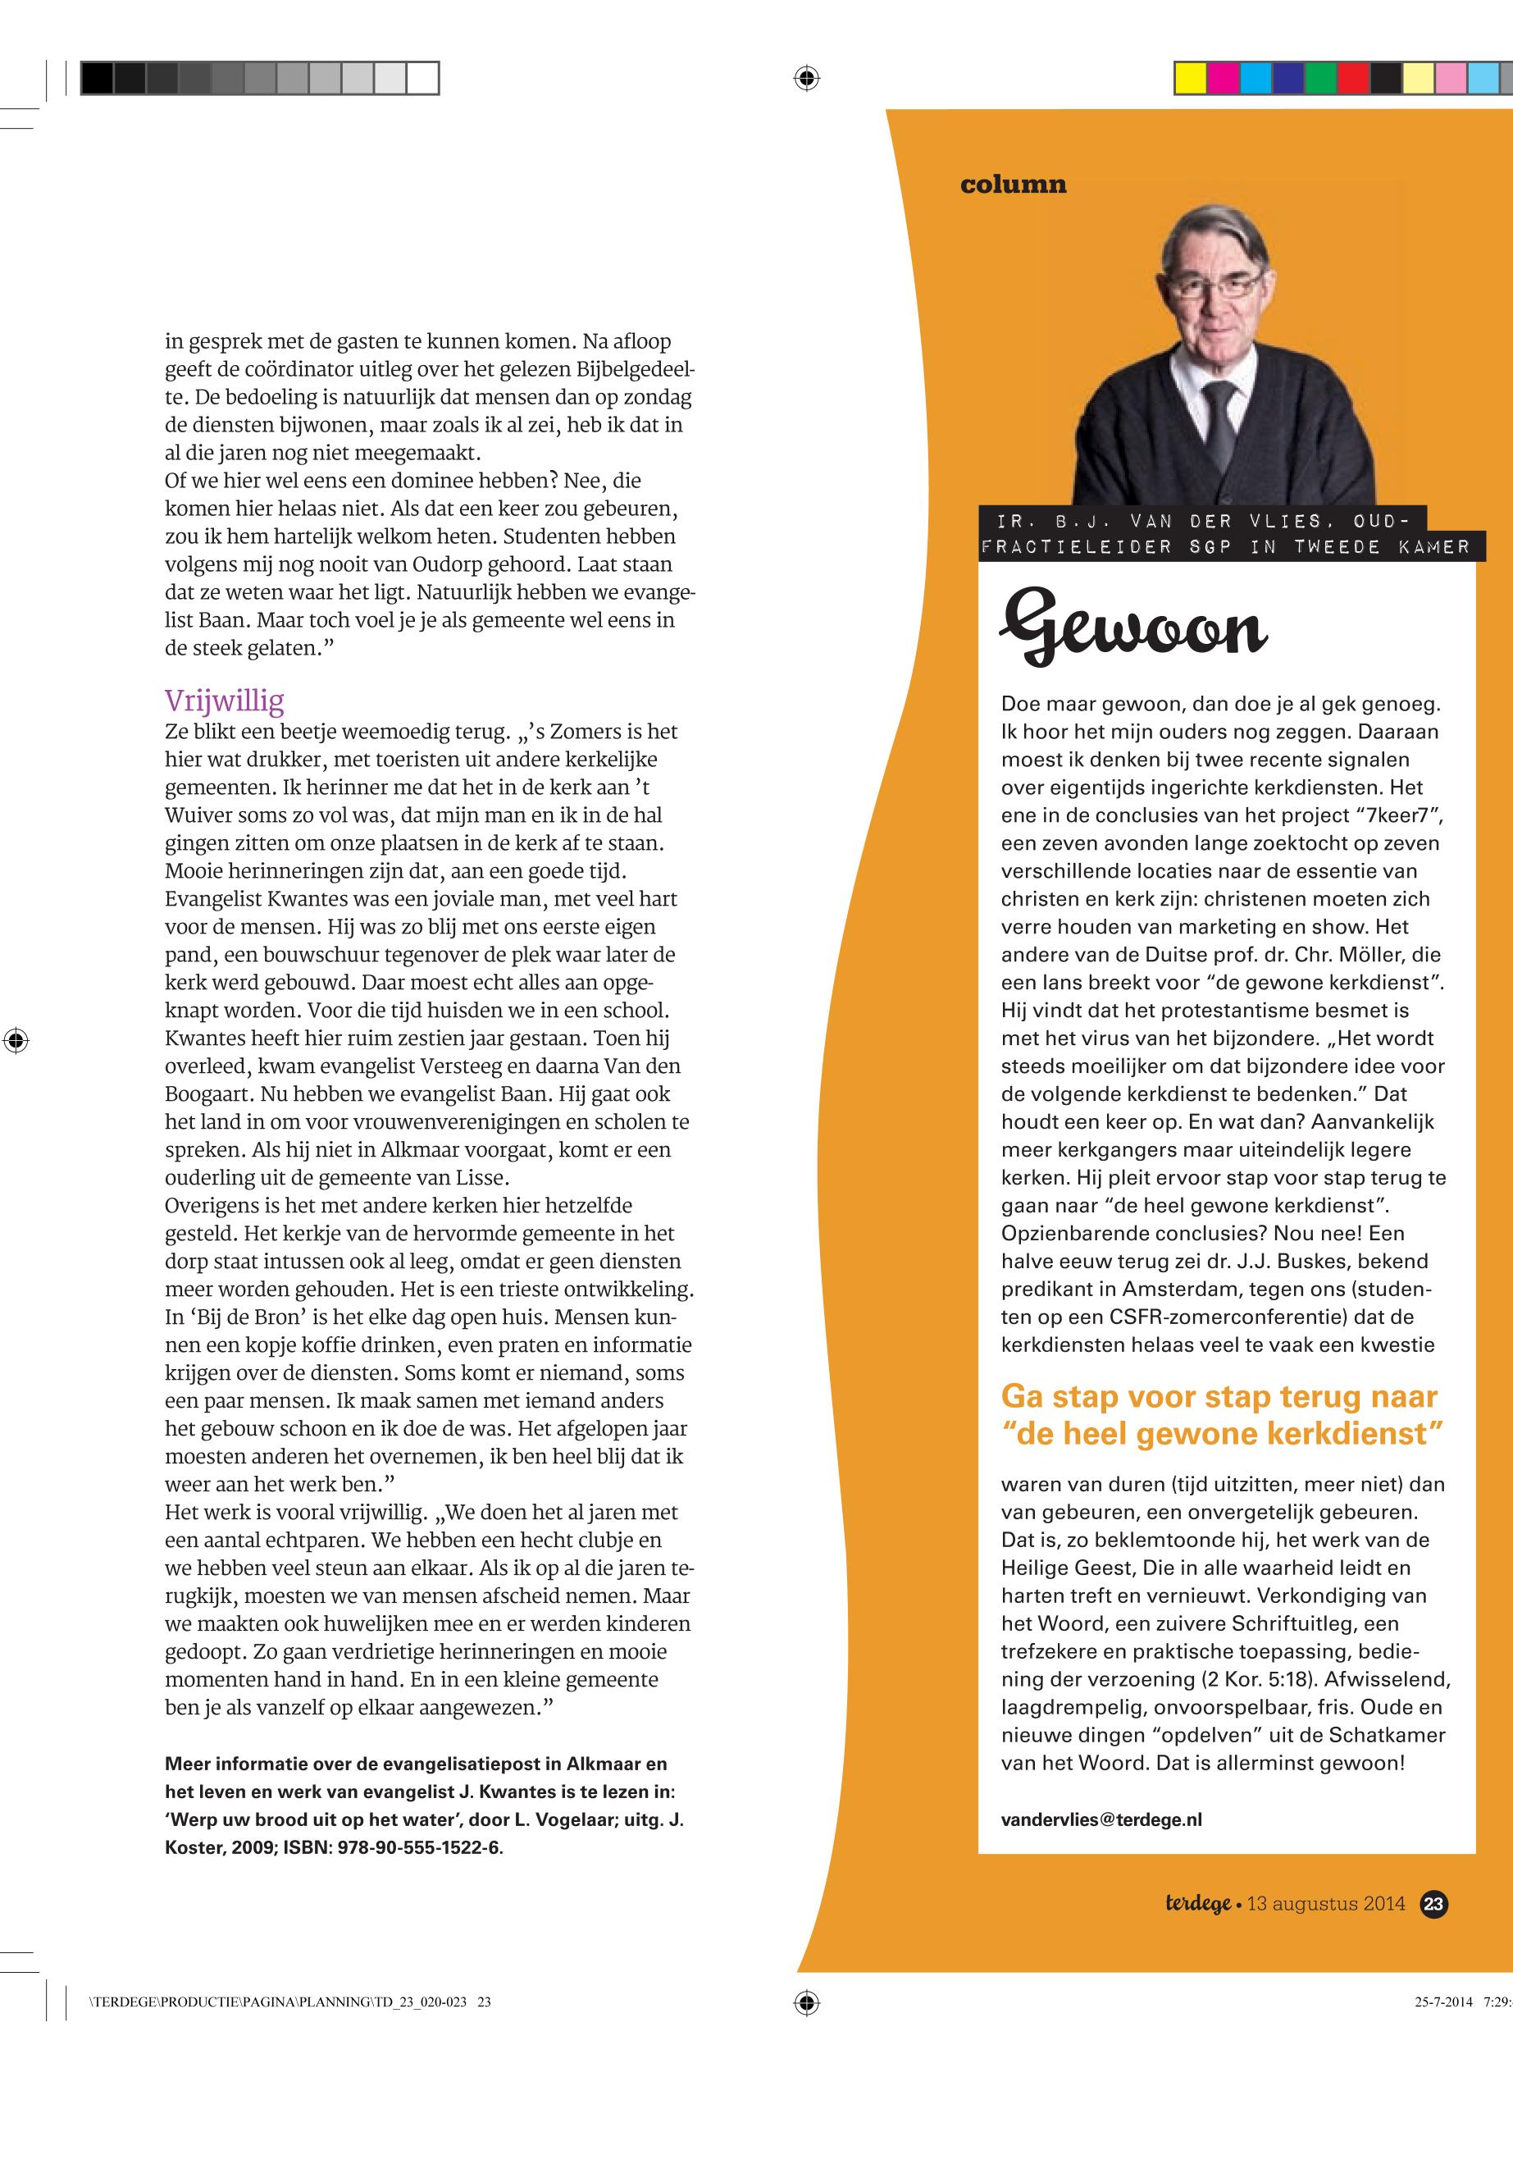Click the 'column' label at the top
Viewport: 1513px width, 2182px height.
click(x=1013, y=184)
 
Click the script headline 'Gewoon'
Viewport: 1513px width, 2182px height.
click(x=1132, y=627)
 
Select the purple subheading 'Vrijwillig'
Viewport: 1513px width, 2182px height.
click(x=224, y=701)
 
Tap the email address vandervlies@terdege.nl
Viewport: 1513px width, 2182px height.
click(x=1101, y=1819)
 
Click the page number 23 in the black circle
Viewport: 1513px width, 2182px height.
click(x=1433, y=1903)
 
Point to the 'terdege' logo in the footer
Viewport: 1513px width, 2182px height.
click(x=1198, y=1903)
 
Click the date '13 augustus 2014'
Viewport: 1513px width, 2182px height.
click(x=1325, y=1903)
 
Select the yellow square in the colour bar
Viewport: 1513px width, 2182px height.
click(x=1190, y=78)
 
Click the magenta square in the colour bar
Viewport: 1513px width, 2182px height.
click(x=1223, y=78)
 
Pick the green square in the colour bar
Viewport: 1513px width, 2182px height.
click(x=1319, y=78)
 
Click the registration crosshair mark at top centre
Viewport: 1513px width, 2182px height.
click(x=806, y=78)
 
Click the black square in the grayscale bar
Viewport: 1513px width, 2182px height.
click(x=97, y=78)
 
